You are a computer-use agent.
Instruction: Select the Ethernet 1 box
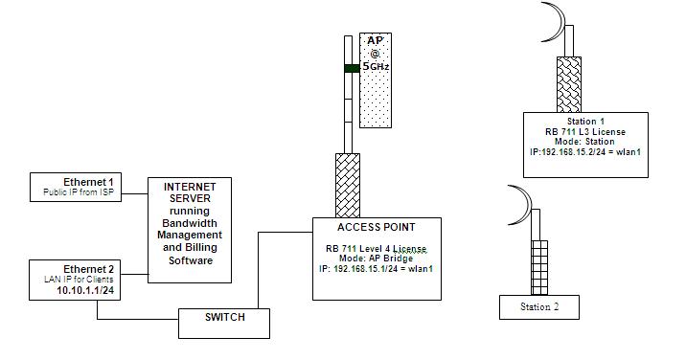pos(88,188)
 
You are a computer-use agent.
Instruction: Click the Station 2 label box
pos(539,306)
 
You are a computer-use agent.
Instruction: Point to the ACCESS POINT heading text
pos(377,228)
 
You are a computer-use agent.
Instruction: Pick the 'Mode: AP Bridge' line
pos(377,259)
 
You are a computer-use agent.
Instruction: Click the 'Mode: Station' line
pos(585,142)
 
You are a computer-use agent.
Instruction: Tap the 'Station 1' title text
pos(585,122)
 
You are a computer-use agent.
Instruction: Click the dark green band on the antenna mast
pos(352,68)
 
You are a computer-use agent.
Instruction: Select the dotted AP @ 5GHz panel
pos(375,80)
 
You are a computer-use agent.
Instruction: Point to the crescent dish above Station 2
pos(520,203)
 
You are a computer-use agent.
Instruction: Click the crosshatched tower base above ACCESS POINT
pos(347,185)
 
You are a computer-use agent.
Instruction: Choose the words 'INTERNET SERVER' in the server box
pos(190,191)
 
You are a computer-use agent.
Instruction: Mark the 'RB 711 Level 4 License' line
pos(377,248)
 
